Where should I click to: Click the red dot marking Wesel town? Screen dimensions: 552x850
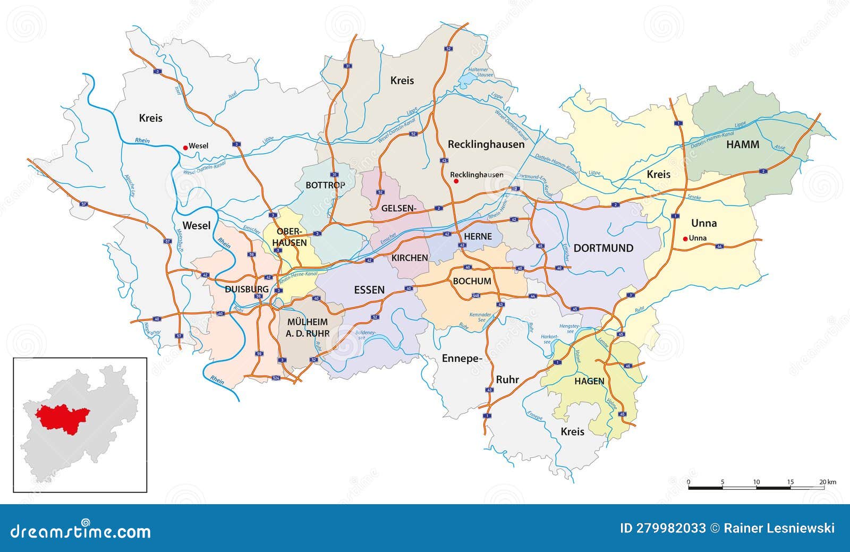tap(185, 147)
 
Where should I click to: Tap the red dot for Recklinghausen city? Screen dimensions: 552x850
tap(455, 181)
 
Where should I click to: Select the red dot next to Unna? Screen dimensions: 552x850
tap(685, 239)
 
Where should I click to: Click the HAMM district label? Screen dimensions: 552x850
tap(743, 145)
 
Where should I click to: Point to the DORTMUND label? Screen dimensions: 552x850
tap(603, 248)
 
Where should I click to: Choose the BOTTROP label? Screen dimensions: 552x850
tap(325, 185)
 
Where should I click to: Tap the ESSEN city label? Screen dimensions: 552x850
tap(369, 290)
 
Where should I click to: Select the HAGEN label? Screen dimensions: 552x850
tap(589, 381)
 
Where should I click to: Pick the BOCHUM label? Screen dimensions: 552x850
tap(472, 281)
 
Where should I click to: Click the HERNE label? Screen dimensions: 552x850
tap(478, 237)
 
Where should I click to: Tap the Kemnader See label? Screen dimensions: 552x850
tap(481, 318)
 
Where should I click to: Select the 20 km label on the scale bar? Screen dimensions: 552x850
tap(827, 482)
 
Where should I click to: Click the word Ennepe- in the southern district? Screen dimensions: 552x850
tap(462, 359)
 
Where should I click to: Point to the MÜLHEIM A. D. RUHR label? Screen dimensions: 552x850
tap(307, 328)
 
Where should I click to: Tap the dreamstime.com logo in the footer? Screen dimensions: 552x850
tap(80, 531)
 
